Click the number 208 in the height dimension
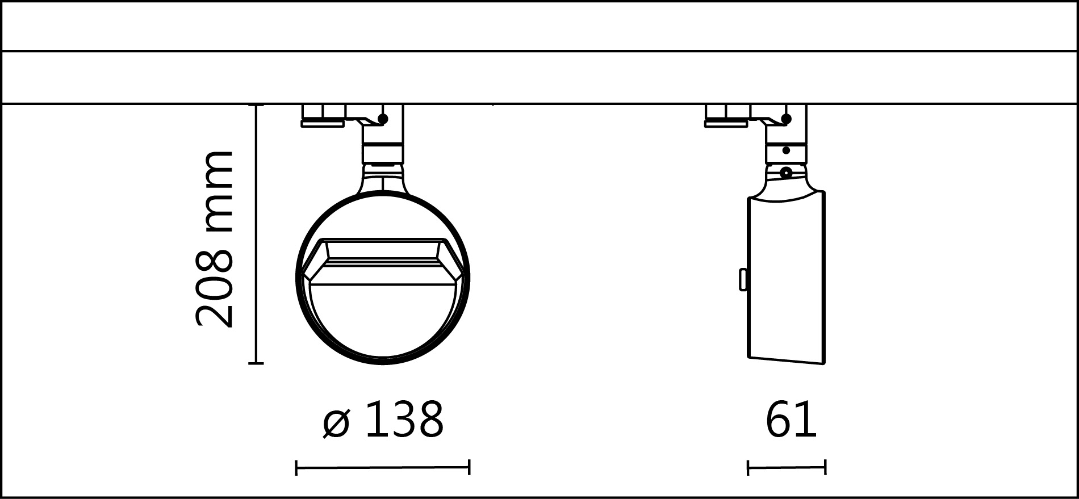click(x=214, y=289)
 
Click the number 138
click(x=404, y=420)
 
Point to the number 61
click(x=791, y=420)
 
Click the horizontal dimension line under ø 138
click(x=382, y=468)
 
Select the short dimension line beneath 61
click(x=787, y=468)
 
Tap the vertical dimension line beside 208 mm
click(x=257, y=234)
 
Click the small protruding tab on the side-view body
click(x=743, y=279)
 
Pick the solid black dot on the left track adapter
click(x=383, y=119)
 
